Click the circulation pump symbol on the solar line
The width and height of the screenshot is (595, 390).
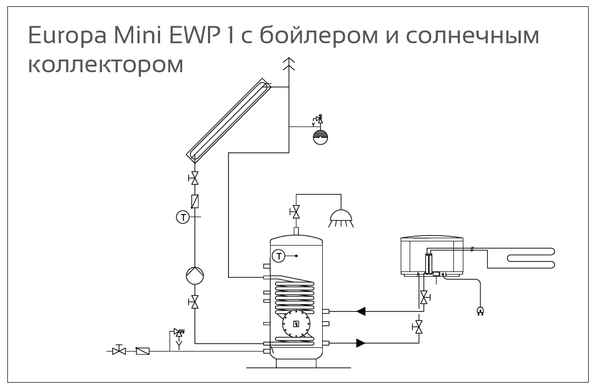195,275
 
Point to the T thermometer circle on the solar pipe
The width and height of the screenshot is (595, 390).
182,217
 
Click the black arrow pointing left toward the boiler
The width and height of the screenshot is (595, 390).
361,311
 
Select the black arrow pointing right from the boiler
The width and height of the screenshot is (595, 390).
361,344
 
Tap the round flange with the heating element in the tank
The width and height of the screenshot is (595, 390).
296,323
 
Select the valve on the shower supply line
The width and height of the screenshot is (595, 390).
296,212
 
